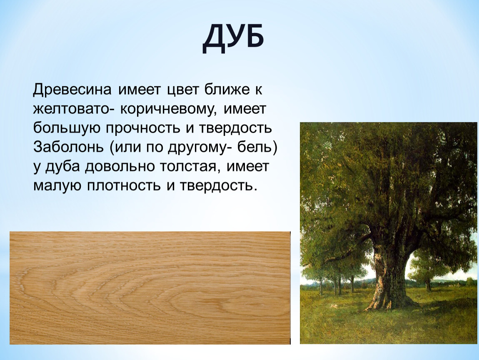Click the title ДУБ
coord(233,39)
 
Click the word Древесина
coord(72,90)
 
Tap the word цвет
coord(182,90)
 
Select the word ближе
coord(227,90)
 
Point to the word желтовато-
coord(73,109)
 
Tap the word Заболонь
coord(69,147)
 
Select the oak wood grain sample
coord(150,288)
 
